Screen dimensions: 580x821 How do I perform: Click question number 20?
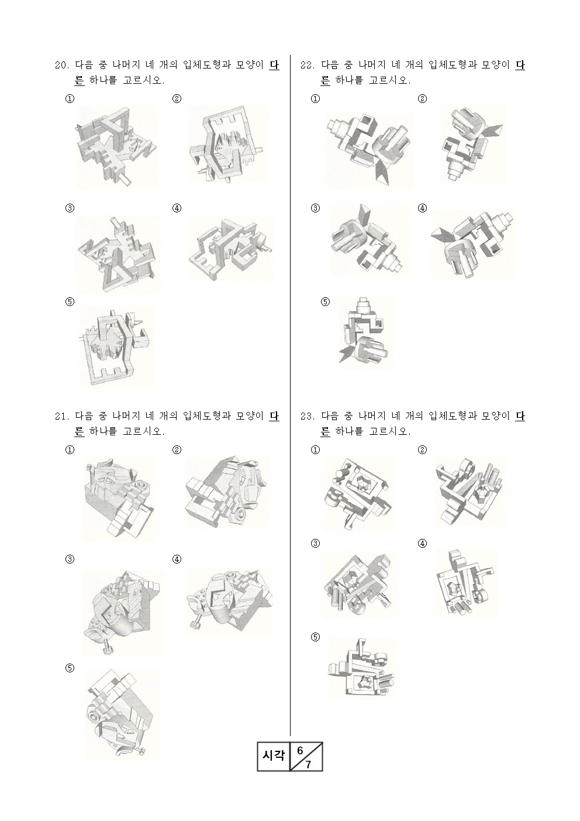pyautogui.click(x=62, y=65)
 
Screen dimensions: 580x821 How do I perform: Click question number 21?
pyautogui.click(x=62, y=417)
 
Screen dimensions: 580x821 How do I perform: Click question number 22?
pyautogui.click(x=308, y=65)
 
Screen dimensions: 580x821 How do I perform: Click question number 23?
pyautogui.click(x=308, y=417)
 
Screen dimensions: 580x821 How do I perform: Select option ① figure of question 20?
pyautogui.click(x=116, y=147)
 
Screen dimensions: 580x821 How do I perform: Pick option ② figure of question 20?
pyautogui.click(x=228, y=144)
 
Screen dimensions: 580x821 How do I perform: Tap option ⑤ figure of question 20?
pyautogui.click(x=117, y=347)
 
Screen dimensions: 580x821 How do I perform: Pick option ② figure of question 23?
pyautogui.click(x=469, y=492)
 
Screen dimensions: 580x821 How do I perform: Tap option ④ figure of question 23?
pyautogui.click(x=467, y=583)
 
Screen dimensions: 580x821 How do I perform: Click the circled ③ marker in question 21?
pyautogui.click(x=70, y=559)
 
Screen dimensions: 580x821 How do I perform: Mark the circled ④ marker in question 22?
pyautogui.click(x=422, y=208)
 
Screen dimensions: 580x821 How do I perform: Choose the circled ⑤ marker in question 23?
pyautogui.click(x=315, y=637)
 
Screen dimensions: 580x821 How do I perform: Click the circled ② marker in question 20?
pyautogui.click(x=177, y=98)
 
